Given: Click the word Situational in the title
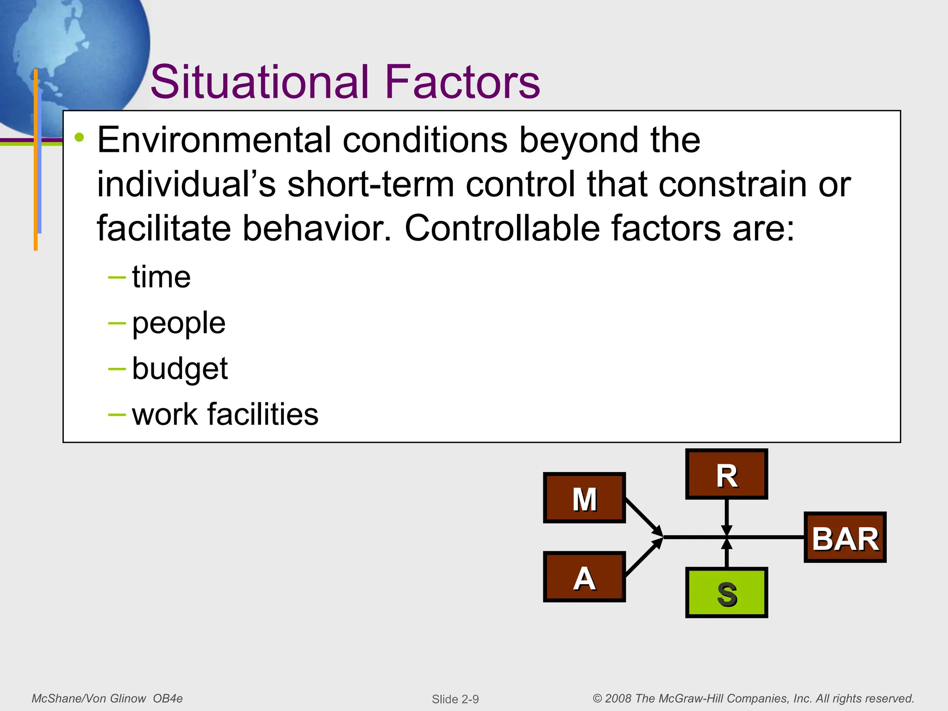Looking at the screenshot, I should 259,82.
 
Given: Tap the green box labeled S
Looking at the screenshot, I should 726,593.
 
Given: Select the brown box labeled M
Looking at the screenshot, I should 584,498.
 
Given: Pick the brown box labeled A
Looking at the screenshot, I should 584,577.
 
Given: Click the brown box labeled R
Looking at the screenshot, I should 726,474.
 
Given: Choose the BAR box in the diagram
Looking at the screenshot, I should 845,537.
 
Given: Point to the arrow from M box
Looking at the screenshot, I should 643,517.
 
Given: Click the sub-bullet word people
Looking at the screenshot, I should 179,323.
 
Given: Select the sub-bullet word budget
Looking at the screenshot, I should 180,368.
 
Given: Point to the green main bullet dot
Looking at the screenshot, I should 80,137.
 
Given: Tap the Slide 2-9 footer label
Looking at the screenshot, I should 455,699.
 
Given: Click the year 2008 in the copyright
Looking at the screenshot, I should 618,699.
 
